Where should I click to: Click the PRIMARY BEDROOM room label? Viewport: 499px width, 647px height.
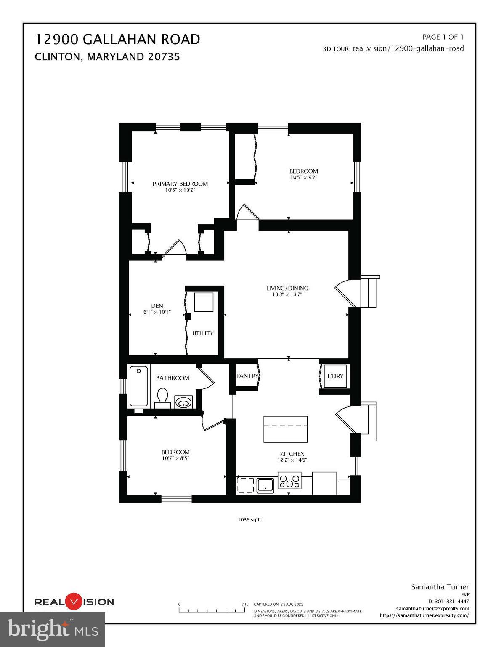click(x=180, y=184)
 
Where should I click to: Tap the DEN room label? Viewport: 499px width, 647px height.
click(x=157, y=306)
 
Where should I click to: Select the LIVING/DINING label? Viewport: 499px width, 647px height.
click(x=287, y=288)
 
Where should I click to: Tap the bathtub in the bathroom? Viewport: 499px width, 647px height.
click(x=138, y=386)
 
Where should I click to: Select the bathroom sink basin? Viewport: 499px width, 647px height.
click(x=183, y=403)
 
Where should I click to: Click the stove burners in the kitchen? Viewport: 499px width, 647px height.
click(x=290, y=481)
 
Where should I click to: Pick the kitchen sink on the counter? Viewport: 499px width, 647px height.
click(x=265, y=485)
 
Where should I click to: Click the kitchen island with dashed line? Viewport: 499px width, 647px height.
click(x=285, y=429)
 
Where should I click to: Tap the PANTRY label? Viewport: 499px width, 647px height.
click(x=247, y=376)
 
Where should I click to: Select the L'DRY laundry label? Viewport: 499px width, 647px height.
click(x=335, y=376)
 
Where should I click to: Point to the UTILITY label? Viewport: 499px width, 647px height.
click(x=203, y=333)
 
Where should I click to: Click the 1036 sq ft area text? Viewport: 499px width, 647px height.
click(x=249, y=520)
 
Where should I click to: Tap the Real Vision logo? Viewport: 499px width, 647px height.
click(x=74, y=602)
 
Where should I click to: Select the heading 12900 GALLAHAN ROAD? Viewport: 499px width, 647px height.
click(x=117, y=39)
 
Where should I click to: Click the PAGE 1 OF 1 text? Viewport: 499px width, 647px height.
click(x=443, y=37)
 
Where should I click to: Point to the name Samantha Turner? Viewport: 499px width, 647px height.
click(x=440, y=587)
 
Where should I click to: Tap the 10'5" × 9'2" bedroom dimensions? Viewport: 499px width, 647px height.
click(x=303, y=177)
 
